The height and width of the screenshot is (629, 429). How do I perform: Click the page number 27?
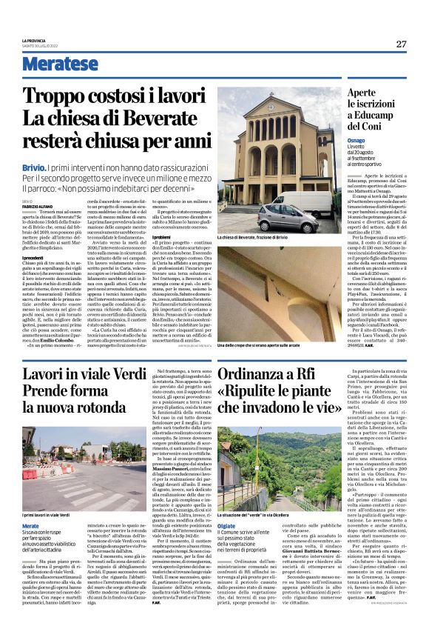pos(401,44)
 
